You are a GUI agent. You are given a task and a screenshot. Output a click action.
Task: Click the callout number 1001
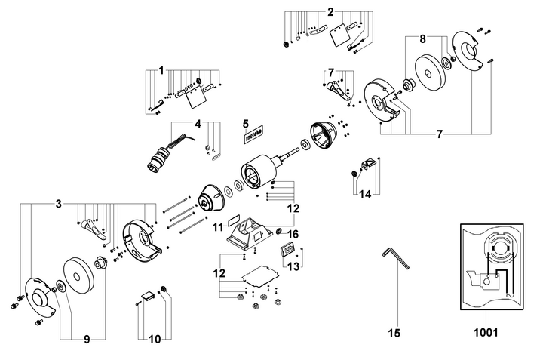click(x=486, y=333)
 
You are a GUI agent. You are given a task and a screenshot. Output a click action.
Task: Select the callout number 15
click(x=394, y=333)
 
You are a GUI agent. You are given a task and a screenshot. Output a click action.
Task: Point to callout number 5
click(x=246, y=123)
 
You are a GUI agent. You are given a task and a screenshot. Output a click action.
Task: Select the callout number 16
click(x=293, y=235)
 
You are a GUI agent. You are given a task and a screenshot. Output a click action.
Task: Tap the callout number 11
click(x=218, y=227)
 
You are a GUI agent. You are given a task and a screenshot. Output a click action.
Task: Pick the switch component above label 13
click(x=287, y=249)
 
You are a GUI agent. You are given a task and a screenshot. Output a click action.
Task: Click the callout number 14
click(x=365, y=195)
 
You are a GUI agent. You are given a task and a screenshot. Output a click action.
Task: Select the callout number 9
click(x=87, y=340)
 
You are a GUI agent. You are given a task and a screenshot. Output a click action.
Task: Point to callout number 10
click(x=155, y=340)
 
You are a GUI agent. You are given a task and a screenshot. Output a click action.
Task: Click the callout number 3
click(x=59, y=204)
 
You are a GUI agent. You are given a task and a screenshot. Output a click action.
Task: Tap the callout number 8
click(x=422, y=39)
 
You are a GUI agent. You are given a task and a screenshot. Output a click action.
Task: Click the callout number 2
click(x=330, y=12)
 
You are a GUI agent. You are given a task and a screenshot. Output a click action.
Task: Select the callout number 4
click(x=198, y=124)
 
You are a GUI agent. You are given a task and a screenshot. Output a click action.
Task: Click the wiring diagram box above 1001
click(x=492, y=267)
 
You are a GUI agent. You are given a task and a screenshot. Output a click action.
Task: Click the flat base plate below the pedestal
click(x=259, y=275)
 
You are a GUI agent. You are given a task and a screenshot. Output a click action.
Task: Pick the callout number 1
click(x=161, y=71)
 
